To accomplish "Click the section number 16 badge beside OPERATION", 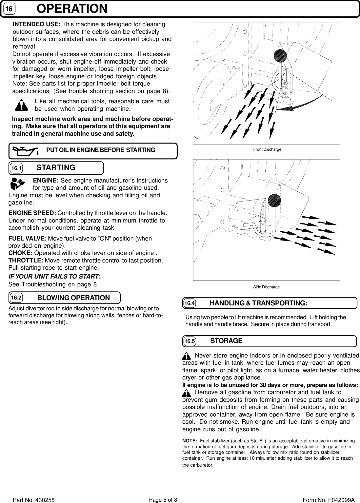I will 10,9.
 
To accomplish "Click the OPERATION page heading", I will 72,9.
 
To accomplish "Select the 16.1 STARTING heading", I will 56,168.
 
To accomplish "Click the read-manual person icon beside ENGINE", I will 17,184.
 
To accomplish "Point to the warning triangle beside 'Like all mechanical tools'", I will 22,105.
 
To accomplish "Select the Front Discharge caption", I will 267,149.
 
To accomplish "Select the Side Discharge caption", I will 266,287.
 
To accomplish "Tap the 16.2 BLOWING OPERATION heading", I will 73,298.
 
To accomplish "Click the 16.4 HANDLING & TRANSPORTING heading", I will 258,303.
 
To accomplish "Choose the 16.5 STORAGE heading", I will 226,341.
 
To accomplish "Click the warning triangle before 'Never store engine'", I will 186,356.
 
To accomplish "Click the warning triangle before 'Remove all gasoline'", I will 186,393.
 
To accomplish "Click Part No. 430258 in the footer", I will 33,500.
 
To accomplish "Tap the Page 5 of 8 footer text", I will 163,500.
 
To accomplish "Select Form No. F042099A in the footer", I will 329,500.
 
